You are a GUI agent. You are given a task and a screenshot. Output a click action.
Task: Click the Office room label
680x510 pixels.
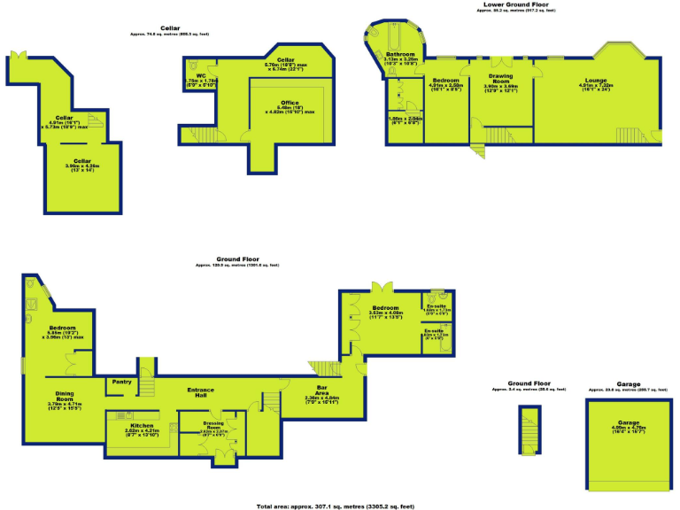coord(290,103)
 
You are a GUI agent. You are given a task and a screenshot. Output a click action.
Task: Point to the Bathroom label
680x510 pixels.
coord(400,55)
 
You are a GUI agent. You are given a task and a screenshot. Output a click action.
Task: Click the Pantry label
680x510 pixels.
coord(120,382)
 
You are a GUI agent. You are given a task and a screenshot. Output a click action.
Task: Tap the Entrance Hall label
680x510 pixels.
coord(205,392)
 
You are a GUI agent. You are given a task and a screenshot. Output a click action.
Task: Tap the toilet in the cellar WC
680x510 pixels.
coord(195,66)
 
